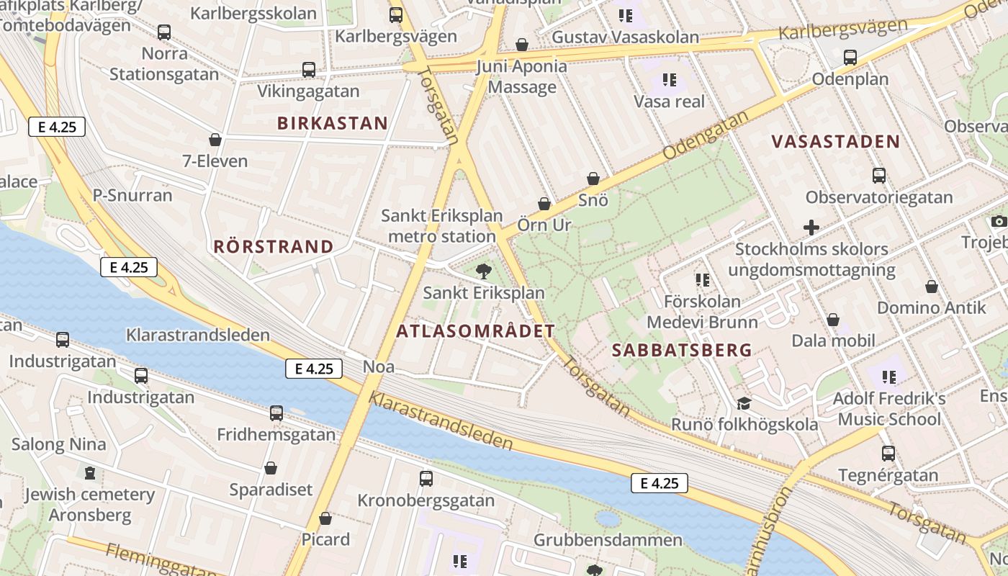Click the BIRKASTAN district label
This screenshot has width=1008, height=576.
[x=333, y=123]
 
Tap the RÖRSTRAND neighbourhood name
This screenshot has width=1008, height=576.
[x=274, y=247]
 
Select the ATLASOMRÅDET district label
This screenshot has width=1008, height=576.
[x=476, y=331]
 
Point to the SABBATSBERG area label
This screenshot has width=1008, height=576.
[x=682, y=351]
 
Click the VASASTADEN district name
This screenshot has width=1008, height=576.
[x=836, y=142]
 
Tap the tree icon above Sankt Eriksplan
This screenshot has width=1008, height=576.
[x=484, y=271]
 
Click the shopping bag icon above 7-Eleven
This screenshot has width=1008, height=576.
[x=215, y=139]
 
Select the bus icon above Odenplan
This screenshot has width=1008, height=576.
[x=850, y=58]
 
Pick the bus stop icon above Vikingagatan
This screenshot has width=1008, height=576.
[x=309, y=70]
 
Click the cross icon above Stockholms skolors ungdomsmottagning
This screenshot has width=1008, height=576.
[x=811, y=228]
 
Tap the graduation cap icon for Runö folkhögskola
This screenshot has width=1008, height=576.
[x=744, y=403]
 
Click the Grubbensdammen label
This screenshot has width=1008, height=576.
[x=608, y=540]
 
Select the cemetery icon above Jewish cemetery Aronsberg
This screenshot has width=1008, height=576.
[x=90, y=473]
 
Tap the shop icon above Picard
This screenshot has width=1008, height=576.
[x=325, y=518]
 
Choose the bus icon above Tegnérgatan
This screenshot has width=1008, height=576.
[x=888, y=454]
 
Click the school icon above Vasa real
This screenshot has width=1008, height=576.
[x=670, y=80]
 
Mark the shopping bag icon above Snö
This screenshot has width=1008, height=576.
[x=593, y=179]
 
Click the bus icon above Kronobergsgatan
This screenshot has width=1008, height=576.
[x=426, y=479]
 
